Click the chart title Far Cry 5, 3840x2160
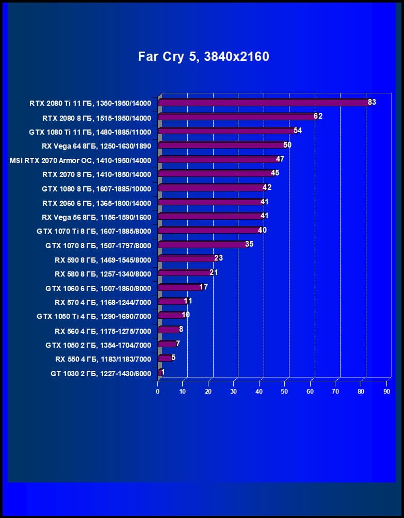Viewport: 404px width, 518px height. tap(203, 56)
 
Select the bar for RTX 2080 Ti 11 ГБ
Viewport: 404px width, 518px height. tap(263, 103)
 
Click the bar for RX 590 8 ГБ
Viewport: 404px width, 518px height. tap(187, 258)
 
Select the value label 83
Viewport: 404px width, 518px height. tap(372, 102)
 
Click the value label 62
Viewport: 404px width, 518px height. tap(318, 117)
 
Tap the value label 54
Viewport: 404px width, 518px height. tap(298, 131)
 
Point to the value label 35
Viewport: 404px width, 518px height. tap(249, 244)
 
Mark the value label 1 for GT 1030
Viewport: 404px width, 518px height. tap(163, 371)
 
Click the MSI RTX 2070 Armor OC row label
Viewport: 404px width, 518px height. tap(80, 160)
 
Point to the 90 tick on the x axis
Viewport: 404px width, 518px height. tap(386, 392)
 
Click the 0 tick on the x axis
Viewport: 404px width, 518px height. tap(158, 392)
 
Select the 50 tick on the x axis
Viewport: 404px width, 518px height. tap(285, 392)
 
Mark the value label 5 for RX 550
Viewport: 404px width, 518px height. tap(173, 357)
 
